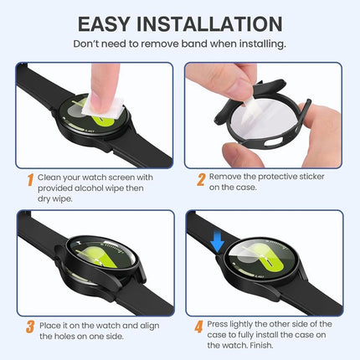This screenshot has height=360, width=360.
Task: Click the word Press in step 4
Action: (220, 323)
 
